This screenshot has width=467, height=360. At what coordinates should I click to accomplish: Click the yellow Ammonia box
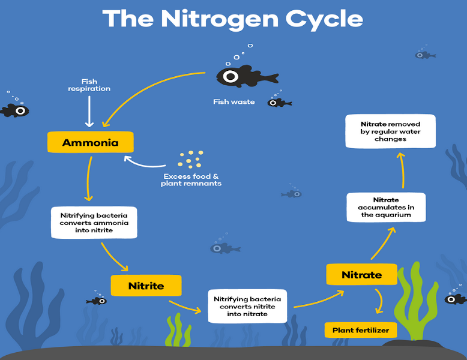coord(91,142)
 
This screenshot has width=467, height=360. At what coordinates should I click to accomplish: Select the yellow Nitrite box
coord(146,286)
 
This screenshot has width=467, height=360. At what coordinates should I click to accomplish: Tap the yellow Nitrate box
coord(361,274)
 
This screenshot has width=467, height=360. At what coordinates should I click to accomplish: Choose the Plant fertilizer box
coord(361,330)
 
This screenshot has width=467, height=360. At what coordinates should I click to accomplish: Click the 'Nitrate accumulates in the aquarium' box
coord(386,207)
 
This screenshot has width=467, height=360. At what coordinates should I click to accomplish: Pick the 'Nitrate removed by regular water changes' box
coord(390,131)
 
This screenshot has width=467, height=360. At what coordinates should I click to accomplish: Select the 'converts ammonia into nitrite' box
coord(94,223)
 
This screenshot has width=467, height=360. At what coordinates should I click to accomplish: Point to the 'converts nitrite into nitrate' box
coord(247,307)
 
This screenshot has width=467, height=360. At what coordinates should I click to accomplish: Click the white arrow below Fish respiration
coord(89,112)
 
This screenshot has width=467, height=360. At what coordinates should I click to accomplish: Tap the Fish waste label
coord(233,102)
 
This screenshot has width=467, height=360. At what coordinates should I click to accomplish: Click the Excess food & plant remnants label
coord(191,180)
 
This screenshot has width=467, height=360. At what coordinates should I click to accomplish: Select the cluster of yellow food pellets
coord(191,160)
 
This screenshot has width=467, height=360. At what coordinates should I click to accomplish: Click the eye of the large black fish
coord(231,77)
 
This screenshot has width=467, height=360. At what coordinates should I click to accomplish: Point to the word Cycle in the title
coord(324,19)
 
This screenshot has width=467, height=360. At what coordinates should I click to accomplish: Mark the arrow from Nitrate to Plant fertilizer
coord(380,301)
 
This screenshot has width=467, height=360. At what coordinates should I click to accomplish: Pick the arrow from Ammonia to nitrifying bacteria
coord(88,179)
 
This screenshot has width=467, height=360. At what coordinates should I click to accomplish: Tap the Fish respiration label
coord(89,85)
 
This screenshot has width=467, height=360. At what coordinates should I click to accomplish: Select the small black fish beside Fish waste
coord(279,103)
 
